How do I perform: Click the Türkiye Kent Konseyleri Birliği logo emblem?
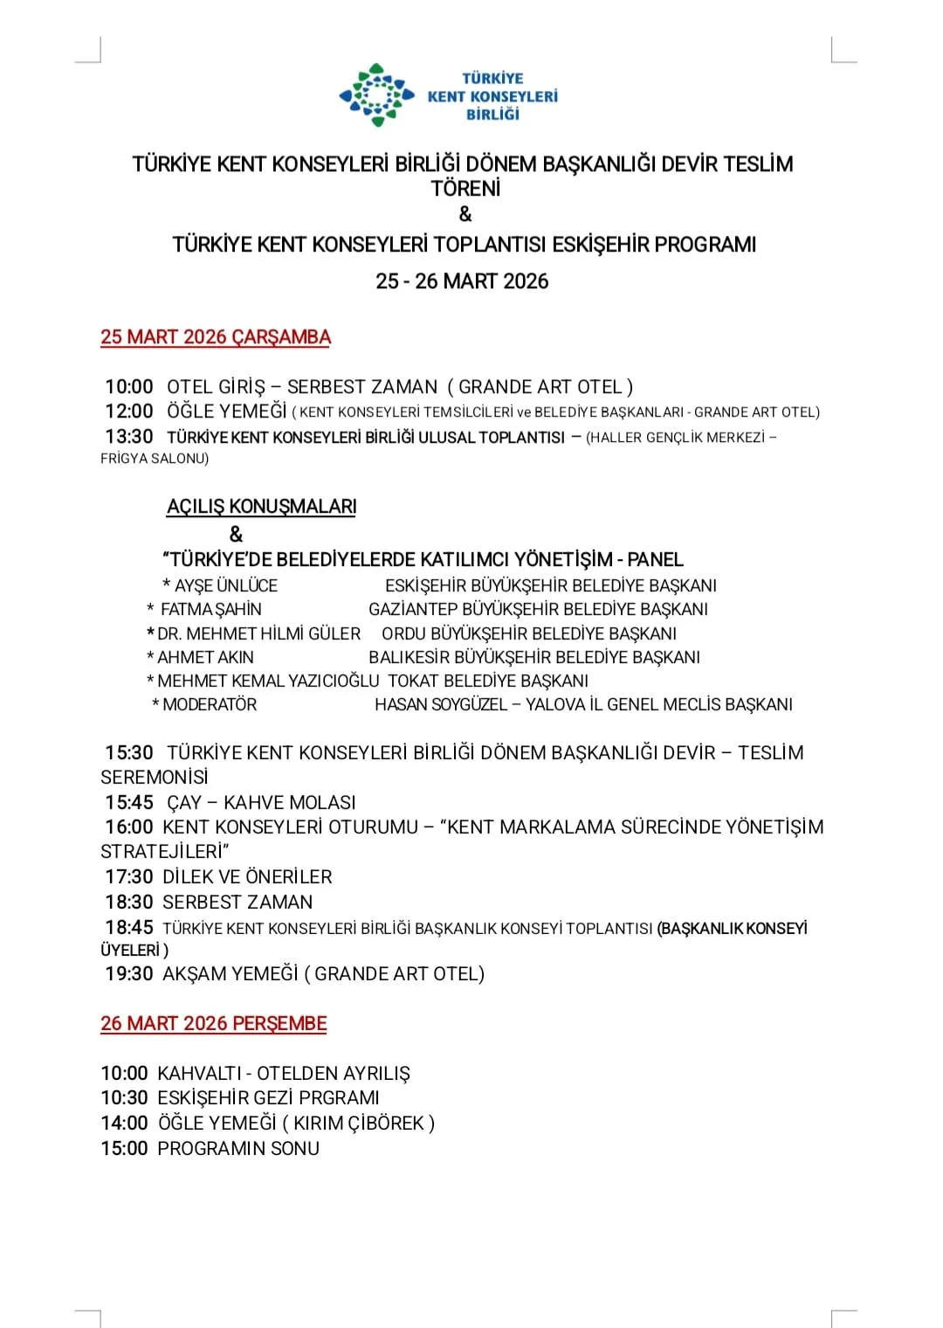coord(376,95)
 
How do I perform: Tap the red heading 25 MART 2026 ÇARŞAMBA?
coord(216,337)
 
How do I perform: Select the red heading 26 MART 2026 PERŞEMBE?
coord(214,1024)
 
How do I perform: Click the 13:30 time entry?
coord(129,437)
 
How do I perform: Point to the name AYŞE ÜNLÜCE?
coord(226,586)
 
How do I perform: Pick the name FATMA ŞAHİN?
coord(211,610)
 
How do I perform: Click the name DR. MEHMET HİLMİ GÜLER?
coord(258,633)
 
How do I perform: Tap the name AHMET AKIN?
coord(205,657)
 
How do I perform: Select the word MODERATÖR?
coord(210,704)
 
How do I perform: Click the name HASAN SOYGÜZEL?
coord(441,704)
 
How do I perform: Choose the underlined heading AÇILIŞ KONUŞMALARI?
coord(262,507)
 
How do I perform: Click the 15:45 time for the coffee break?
coord(129,802)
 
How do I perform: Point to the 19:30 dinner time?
coord(129,974)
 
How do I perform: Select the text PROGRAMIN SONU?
coord(238,1149)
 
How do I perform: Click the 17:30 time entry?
coord(129,877)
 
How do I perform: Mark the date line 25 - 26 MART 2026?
coord(462,281)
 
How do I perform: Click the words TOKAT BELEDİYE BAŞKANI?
coord(488,681)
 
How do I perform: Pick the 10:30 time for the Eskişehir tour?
coord(124,1098)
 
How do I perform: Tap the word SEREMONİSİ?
coord(155,778)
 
